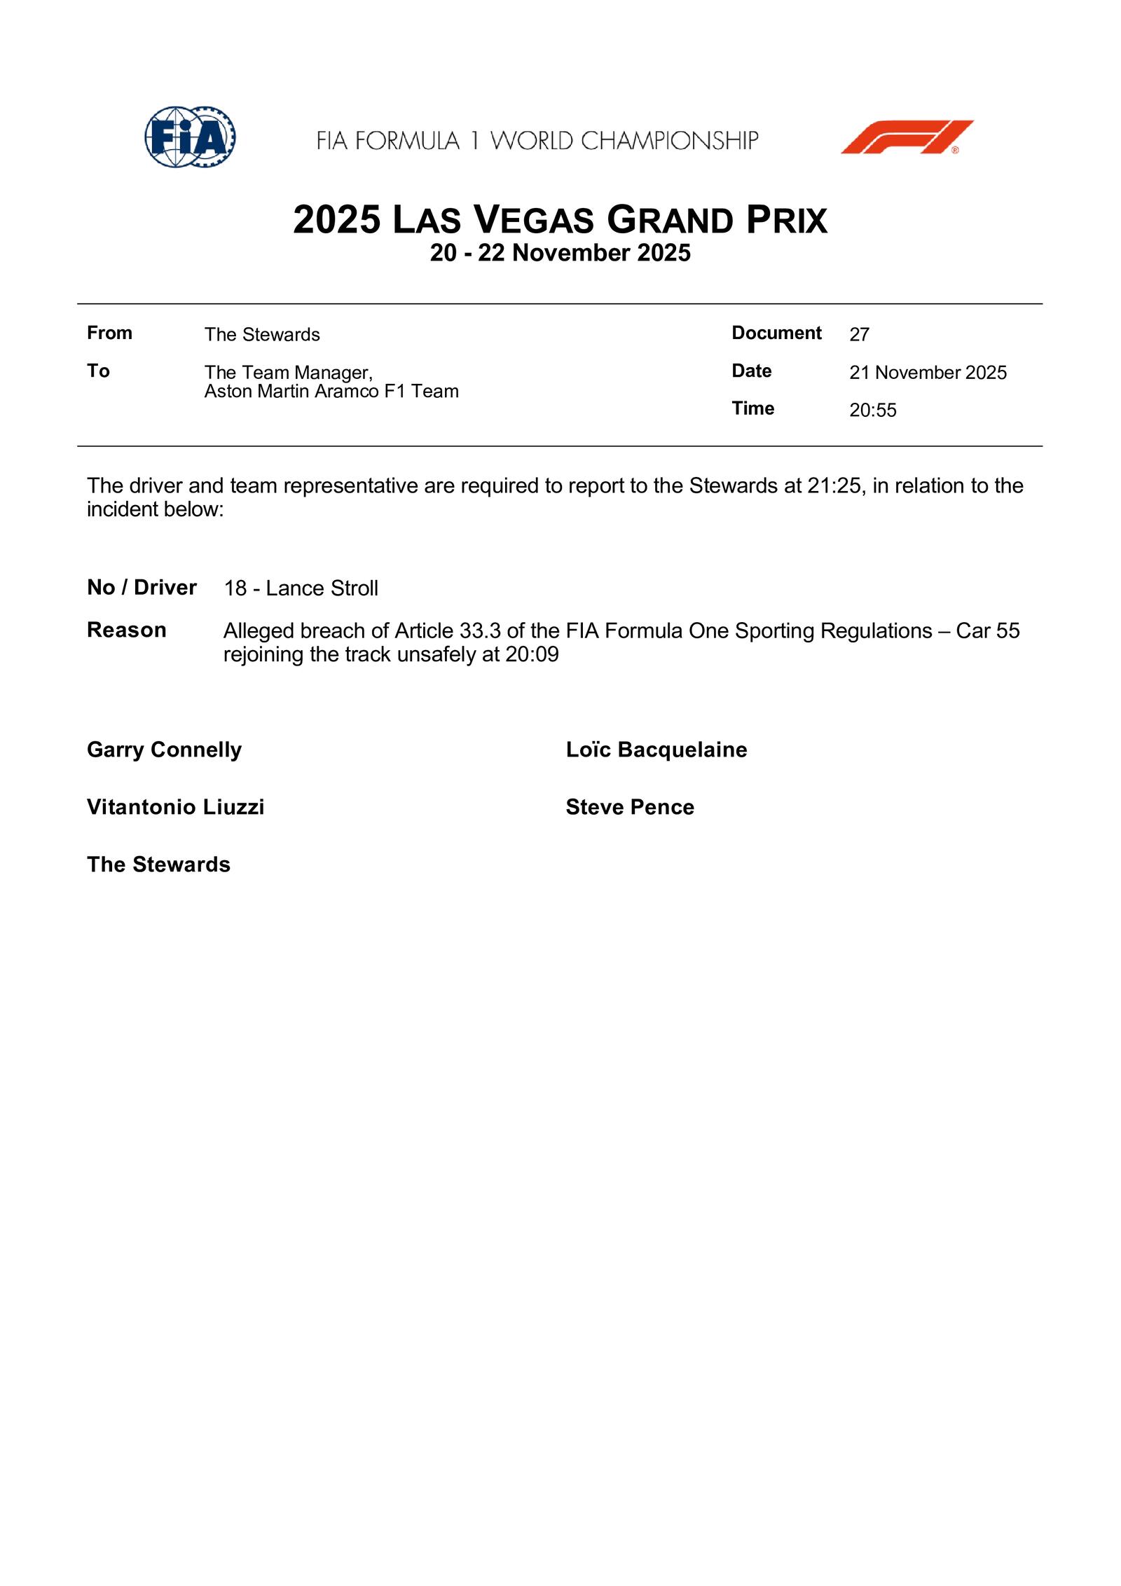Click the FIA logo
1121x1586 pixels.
(x=190, y=137)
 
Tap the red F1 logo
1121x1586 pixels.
(x=907, y=137)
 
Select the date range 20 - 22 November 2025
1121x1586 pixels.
(x=560, y=253)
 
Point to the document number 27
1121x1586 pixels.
(x=859, y=335)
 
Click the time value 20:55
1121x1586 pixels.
(x=872, y=411)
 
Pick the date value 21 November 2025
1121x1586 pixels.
(x=928, y=373)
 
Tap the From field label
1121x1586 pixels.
(x=109, y=333)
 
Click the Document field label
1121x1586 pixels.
(x=776, y=333)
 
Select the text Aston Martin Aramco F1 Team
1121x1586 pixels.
(x=331, y=392)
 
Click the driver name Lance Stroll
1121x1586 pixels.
(x=322, y=588)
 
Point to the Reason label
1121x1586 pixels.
(x=126, y=630)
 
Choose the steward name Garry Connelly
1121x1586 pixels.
(x=164, y=750)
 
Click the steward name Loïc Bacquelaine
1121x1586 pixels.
(x=656, y=750)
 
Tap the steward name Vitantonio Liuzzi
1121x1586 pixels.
(x=175, y=807)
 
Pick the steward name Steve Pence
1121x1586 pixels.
(x=629, y=807)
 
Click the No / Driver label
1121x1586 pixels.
(x=142, y=587)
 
